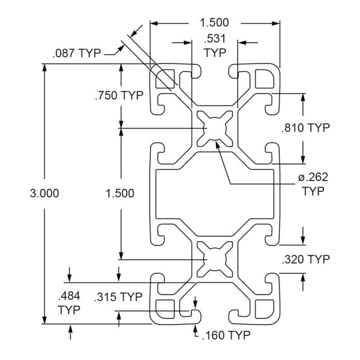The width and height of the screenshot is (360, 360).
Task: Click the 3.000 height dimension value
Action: coord(44,193)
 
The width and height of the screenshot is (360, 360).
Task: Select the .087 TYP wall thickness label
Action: coord(77,53)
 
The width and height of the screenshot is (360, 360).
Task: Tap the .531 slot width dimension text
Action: coord(215,38)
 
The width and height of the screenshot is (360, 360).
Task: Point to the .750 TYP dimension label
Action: coord(119,95)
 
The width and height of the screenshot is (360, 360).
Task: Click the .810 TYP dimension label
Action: coord(305,128)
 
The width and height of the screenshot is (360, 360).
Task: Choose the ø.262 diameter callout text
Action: coord(313,177)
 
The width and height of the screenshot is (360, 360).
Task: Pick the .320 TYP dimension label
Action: coord(305,259)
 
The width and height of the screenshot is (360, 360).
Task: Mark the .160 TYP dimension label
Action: coord(226,335)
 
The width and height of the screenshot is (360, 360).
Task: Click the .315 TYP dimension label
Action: coord(118,297)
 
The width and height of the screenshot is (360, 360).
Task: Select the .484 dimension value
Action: coord(69,296)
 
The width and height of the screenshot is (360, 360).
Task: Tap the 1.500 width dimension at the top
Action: coord(214,23)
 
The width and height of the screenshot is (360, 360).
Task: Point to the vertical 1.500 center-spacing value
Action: coord(120,193)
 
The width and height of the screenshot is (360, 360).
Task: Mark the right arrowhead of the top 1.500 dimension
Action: coord(275,23)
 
